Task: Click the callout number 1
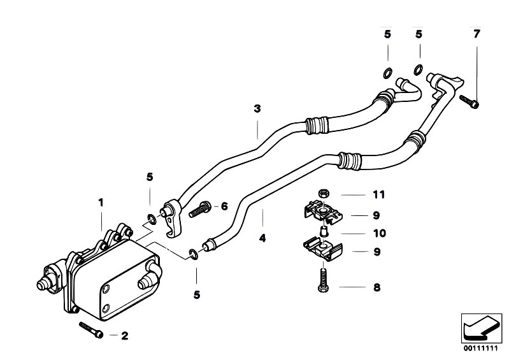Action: tap(100, 202)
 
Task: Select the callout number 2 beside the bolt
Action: tap(125, 335)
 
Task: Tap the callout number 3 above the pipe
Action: tap(257, 109)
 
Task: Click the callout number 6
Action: tap(224, 206)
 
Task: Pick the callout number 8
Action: tap(376, 287)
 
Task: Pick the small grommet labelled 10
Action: tap(324, 231)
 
